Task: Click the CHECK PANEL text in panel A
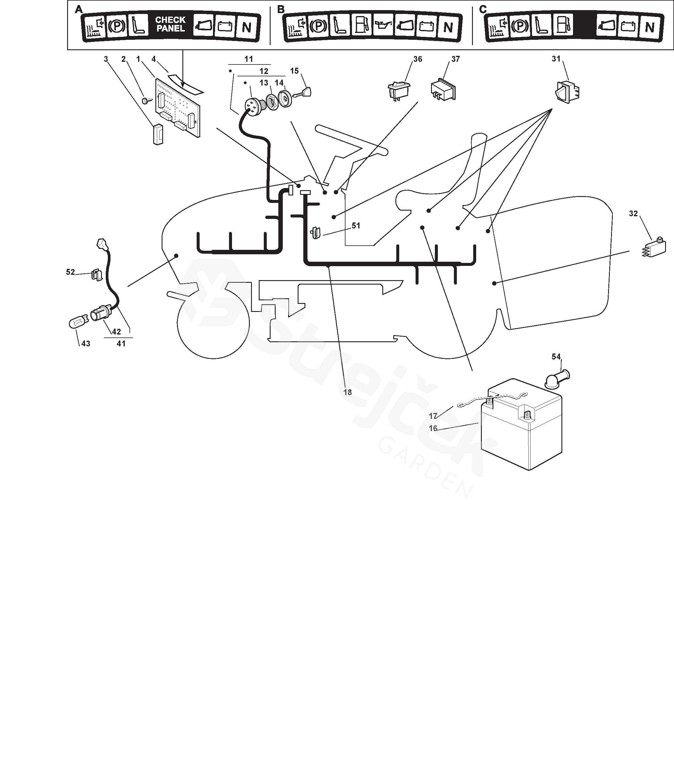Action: click(171, 24)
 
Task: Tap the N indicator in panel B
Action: click(448, 27)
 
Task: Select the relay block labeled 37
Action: click(443, 90)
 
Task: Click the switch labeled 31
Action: click(567, 92)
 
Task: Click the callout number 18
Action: click(347, 392)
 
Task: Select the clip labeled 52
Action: click(96, 275)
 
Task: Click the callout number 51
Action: click(356, 225)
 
